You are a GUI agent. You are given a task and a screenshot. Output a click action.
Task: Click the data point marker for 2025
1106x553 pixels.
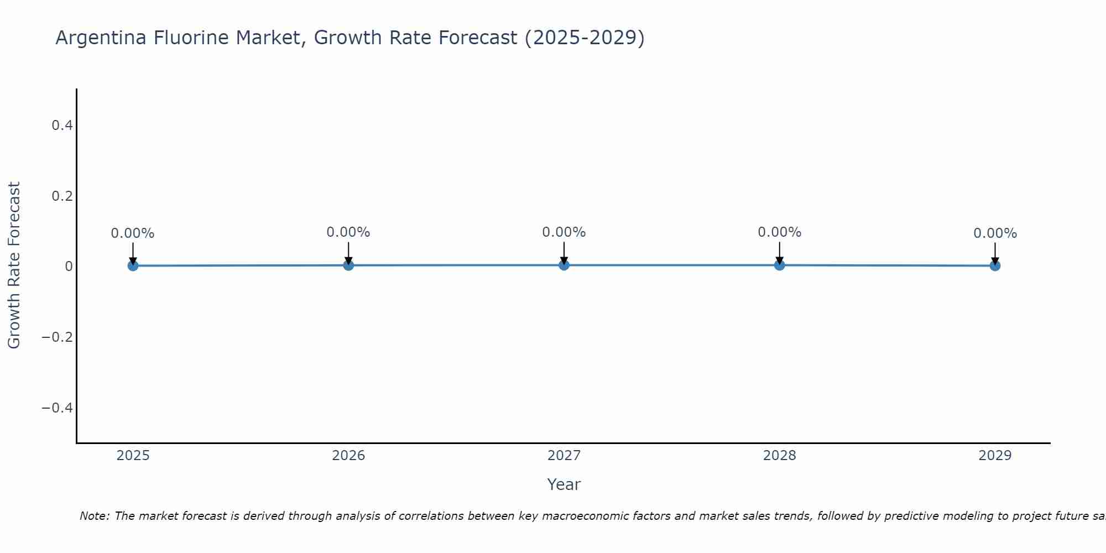pyautogui.click(x=133, y=265)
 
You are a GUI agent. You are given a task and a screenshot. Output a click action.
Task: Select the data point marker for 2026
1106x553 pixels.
pyautogui.click(x=348, y=265)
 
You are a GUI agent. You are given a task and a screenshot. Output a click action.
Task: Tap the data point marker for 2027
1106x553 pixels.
pyautogui.click(x=564, y=265)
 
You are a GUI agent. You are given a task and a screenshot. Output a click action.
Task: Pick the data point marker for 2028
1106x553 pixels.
pyautogui.click(x=780, y=265)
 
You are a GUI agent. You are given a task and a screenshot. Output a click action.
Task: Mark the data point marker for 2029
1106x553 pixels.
pyautogui.click(x=995, y=265)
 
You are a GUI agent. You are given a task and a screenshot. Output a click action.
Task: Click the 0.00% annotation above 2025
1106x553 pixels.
pyautogui.click(x=133, y=233)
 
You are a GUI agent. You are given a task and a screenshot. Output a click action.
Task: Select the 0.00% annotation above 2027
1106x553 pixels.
pyautogui.click(x=564, y=232)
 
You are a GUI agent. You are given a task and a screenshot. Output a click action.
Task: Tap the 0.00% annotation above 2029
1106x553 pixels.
pyautogui.click(x=995, y=233)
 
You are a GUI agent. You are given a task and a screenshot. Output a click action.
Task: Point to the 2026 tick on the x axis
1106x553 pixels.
pyautogui.click(x=348, y=456)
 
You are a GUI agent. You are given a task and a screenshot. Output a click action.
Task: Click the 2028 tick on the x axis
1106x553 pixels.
pyautogui.click(x=780, y=456)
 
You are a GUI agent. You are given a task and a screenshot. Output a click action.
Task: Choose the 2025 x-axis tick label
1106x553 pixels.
pyautogui.click(x=133, y=456)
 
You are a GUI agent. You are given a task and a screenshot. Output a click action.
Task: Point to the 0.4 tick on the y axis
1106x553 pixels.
pyautogui.click(x=62, y=126)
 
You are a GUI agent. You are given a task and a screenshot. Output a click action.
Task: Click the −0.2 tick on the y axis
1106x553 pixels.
pyautogui.click(x=58, y=337)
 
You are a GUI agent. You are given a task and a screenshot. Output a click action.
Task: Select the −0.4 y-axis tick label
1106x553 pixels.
pyautogui.click(x=58, y=408)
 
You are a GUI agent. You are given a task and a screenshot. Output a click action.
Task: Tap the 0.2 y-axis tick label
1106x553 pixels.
pyautogui.click(x=62, y=196)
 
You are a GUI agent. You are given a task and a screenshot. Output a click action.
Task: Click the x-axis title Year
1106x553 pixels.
pyautogui.click(x=564, y=484)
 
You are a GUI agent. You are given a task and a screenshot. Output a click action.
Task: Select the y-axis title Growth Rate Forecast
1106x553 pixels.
pyautogui.click(x=14, y=265)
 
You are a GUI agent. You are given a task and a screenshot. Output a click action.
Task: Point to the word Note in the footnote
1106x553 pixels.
pyautogui.click(x=93, y=516)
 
